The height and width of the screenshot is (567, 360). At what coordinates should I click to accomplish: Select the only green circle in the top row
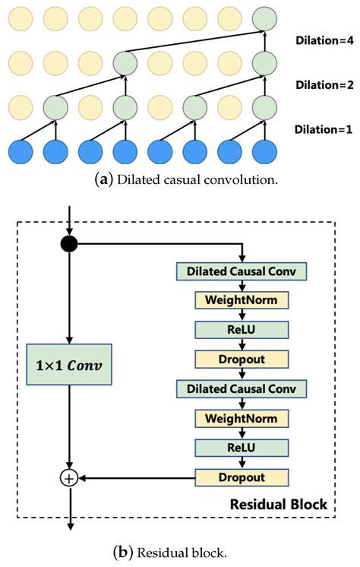click(x=264, y=17)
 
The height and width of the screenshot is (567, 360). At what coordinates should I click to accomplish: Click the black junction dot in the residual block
click(x=69, y=243)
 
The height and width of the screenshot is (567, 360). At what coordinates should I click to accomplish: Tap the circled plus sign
click(x=69, y=478)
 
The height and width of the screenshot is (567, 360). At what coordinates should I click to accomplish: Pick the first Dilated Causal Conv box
click(x=242, y=270)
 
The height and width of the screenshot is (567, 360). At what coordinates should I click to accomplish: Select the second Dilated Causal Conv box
click(x=242, y=388)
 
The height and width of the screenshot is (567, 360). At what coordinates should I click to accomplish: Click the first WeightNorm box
click(x=242, y=299)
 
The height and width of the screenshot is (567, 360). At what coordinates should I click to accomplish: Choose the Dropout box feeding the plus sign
click(x=242, y=477)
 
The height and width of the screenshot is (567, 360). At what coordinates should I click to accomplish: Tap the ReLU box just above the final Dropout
click(x=242, y=448)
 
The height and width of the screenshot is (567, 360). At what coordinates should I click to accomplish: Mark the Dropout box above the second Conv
click(x=242, y=359)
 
